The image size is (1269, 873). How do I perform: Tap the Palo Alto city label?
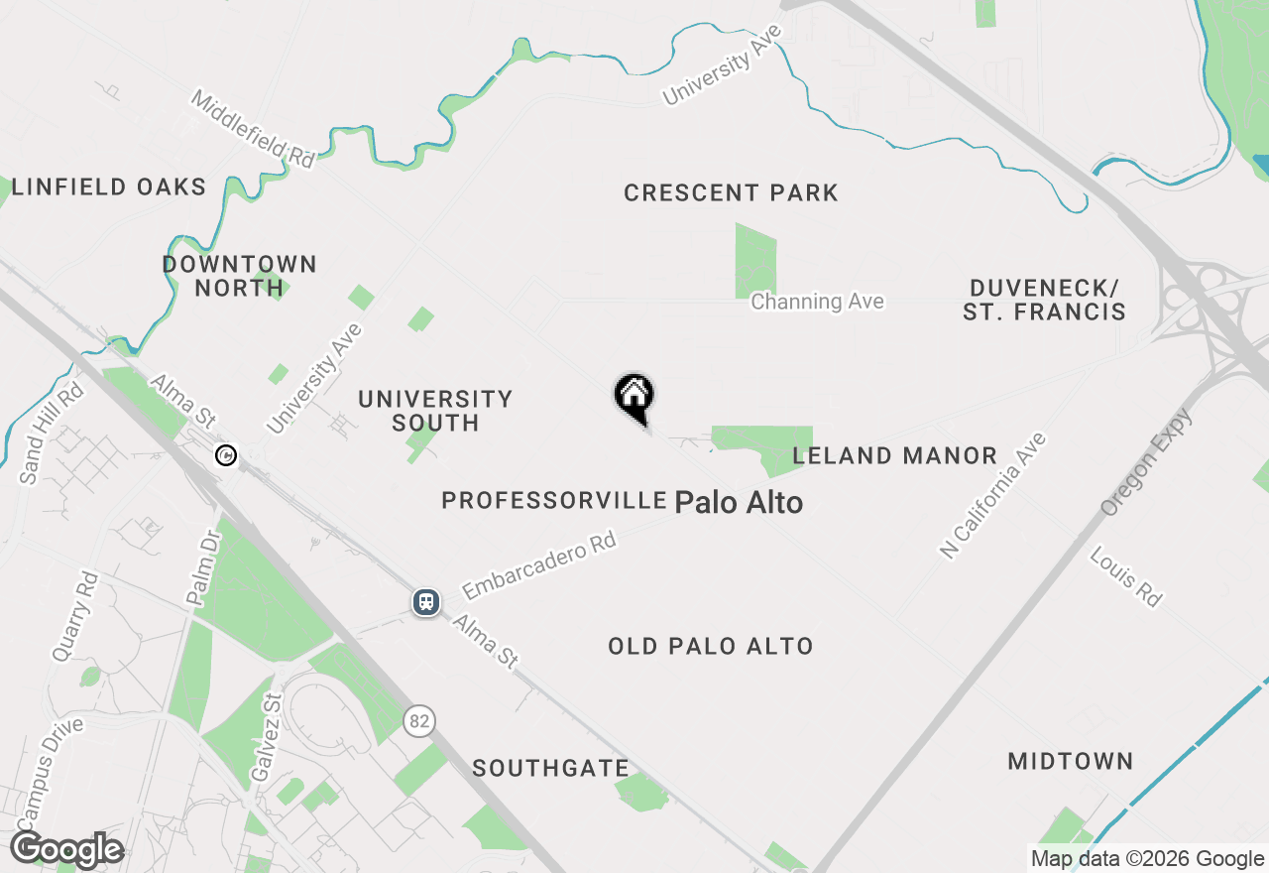(x=739, y=503)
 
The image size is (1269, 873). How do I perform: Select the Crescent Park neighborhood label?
(x=731, y=192)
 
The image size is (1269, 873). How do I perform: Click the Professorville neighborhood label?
(x=554, y=500)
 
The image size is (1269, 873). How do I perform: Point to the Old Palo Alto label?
(x=711, y=647)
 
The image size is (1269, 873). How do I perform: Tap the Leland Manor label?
(x=894, y=456)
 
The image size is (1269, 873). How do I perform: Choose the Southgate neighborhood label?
(x=550, y=768)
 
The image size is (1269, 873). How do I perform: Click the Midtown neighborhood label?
(x=1070, y=762)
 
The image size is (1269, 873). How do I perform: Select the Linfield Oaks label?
(x=109, y=187)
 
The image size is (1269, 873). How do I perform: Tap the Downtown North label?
(x=240, y=276)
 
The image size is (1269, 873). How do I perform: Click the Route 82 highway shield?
(x=419, y=721)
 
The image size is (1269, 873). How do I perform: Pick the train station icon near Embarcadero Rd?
(x=426, y=602)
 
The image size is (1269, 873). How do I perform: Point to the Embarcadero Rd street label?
(x=538, y=565)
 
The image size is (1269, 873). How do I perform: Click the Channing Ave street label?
(x=817, y=302)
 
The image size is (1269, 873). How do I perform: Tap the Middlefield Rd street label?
(x=252, y=129)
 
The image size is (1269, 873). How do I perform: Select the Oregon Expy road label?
(x=1147, y=461)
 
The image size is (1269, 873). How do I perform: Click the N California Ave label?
(x=993, y=496)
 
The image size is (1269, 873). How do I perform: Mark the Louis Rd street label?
(x=1125, y=575)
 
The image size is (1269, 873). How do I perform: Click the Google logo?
(x=66, y=850)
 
